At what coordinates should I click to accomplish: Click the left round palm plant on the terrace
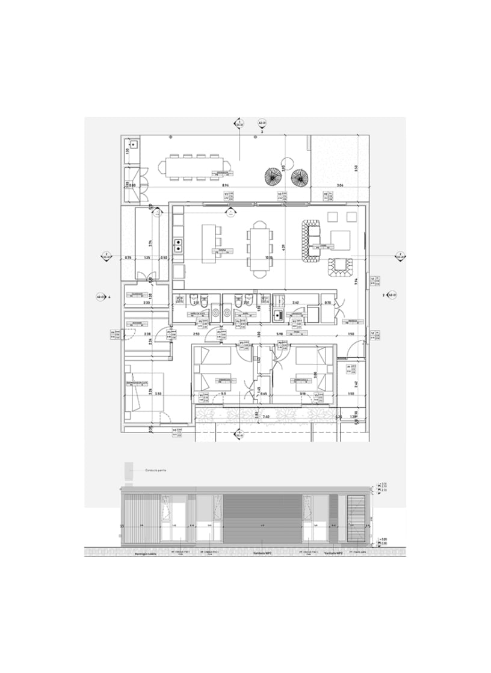click(x=273, y=176)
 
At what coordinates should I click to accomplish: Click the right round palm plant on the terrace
click(x=299, y=177)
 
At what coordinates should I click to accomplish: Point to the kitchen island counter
click(x=208, y=244)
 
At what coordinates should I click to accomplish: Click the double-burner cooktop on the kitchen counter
click(x=179, y=245)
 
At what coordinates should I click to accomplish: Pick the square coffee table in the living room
click(x=340, y=239)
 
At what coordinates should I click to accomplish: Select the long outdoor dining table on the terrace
click(x=194, y=166)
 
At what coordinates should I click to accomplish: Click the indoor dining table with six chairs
click(x=260, y=247)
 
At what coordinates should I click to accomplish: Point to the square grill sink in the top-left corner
click(x=132, y=145)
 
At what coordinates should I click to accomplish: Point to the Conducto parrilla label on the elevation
click(x=154, y=470)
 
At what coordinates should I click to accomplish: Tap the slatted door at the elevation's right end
click(x=357, y=518)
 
